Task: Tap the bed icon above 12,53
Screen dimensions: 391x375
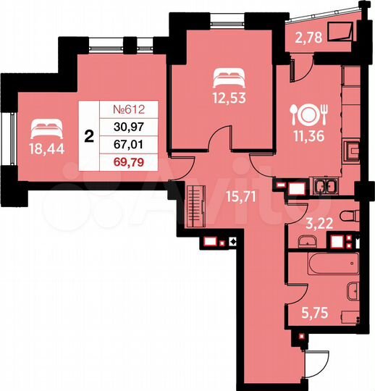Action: pyautogui.click(x=222, y=75)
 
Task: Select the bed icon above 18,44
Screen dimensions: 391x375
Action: pyautogui.click(x=44, y=128)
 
